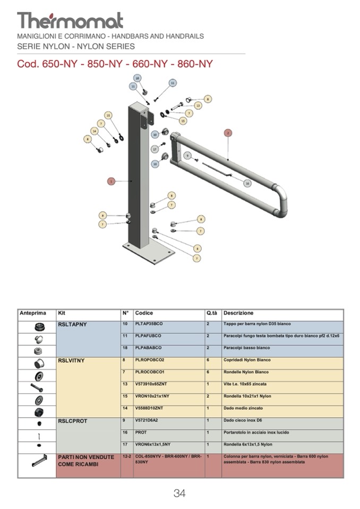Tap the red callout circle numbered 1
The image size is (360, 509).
[111, 181]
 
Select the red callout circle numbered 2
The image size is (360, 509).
[228, 132]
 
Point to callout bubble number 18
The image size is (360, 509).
[137, 78]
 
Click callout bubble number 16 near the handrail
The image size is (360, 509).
[247, 183]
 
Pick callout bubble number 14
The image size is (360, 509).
[95, 131]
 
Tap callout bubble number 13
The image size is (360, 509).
[198, 106]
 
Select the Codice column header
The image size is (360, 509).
[144, 313]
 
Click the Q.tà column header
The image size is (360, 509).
[211, 313]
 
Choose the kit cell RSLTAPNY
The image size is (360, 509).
[72, 324]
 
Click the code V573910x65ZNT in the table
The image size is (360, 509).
[153, 384]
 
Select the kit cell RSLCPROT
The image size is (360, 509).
[73, 420]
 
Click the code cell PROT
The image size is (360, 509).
[141, 433]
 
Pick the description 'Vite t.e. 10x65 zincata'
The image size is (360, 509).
[245, 384]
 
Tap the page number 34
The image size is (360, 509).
[179, 493]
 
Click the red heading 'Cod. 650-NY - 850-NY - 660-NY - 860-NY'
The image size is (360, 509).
[115, 64]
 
